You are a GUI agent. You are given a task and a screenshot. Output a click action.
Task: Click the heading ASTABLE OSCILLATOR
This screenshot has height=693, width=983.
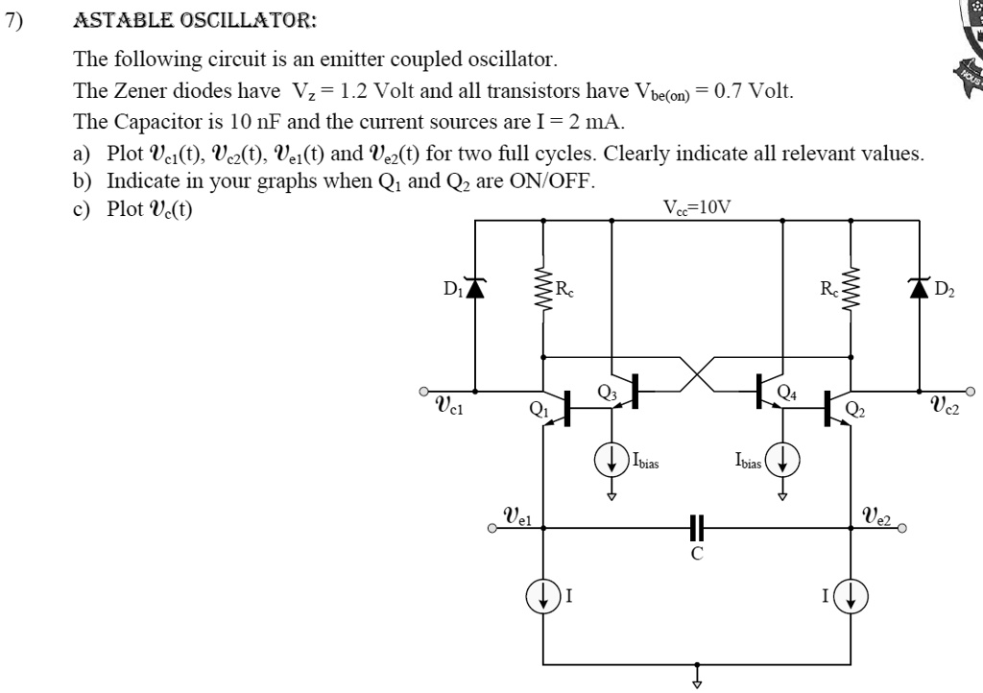coord(194,20)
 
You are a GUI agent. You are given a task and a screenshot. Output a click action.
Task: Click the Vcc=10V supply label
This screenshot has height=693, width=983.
coord(696,206)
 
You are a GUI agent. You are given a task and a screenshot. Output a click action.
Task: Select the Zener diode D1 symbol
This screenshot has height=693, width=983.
coord(475,286)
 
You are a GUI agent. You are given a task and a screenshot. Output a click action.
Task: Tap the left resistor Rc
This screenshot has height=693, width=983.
coord(543,287)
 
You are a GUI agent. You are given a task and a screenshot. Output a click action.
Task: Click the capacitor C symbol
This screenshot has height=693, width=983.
coord(697,528)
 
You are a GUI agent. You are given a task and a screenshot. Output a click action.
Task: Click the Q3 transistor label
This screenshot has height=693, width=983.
coord(607,391)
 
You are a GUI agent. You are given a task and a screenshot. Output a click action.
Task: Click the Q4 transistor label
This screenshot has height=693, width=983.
coord(786,391)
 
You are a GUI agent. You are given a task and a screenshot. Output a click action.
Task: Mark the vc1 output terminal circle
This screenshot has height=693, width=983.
coord(422,392)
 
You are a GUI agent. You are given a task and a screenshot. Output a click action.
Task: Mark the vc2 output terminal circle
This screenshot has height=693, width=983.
coord(970,392)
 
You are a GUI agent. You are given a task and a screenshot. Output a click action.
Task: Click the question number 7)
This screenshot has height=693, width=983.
coord(12,20)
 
